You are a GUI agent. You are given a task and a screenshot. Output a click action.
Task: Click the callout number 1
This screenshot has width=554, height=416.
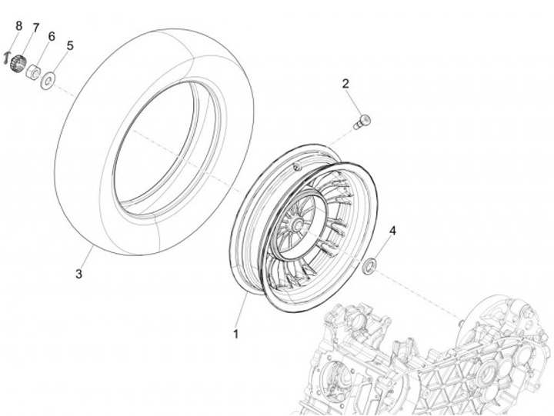tap(236, 334)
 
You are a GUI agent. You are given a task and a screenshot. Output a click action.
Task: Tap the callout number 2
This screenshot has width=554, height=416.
tap(345, 84)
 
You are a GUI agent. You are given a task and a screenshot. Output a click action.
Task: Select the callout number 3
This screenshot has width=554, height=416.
tap(78, 273)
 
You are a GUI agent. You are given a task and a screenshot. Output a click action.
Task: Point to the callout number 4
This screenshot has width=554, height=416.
tap(392, 231)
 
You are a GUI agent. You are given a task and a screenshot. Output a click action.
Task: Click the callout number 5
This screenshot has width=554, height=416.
tap(70, 46)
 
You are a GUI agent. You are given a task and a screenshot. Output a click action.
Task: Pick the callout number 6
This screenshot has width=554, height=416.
tap(52, 37)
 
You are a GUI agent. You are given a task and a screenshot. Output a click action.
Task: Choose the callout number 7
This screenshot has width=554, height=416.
tap(35, 28)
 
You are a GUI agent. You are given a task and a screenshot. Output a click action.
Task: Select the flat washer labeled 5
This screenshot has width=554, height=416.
tap(48, 78)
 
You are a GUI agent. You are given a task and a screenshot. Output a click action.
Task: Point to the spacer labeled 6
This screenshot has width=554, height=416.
tap(34, 72)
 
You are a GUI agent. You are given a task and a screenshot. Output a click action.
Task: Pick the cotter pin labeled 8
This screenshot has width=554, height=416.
tap(7, 56)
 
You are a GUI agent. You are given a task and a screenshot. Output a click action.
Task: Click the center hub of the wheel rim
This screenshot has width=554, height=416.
tap(294, 225)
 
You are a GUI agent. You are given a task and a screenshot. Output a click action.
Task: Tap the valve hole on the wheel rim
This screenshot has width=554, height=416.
tap(298, 166)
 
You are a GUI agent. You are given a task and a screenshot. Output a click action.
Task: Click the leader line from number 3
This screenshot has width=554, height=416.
tap(87, 257)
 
